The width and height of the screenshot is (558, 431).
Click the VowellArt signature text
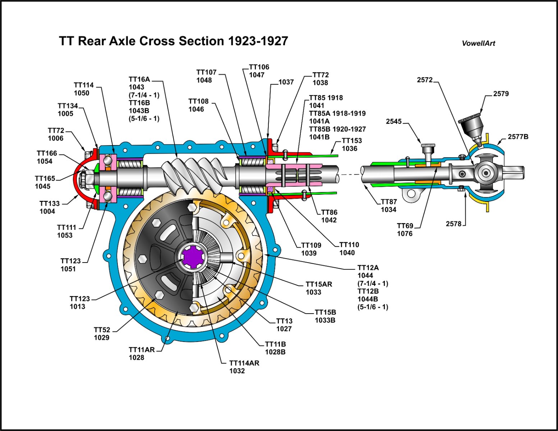(478, 43)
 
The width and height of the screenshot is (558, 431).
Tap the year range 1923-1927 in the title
(258, 41)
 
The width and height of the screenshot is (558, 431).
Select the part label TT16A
(139, 79)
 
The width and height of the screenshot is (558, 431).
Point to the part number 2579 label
(501, 94)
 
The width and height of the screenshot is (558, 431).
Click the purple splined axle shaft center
(193, 256)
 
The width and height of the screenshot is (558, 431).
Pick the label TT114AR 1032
(244, 367)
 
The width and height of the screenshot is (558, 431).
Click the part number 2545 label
(394, 121)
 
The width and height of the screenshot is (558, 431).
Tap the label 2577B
(518, 137)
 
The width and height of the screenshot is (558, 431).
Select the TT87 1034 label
(389, 206)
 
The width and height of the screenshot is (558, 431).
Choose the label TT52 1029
(102, 334)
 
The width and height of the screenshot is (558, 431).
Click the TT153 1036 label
(351, 144)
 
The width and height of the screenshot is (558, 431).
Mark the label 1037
(286, 82)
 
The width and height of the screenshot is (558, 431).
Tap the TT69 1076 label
(405, 230)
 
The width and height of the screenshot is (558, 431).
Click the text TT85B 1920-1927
(337, 129)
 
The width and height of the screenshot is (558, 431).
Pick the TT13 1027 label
(284, 325)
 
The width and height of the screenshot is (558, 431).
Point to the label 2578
(453, 224)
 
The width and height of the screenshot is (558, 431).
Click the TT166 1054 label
(47, 157)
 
